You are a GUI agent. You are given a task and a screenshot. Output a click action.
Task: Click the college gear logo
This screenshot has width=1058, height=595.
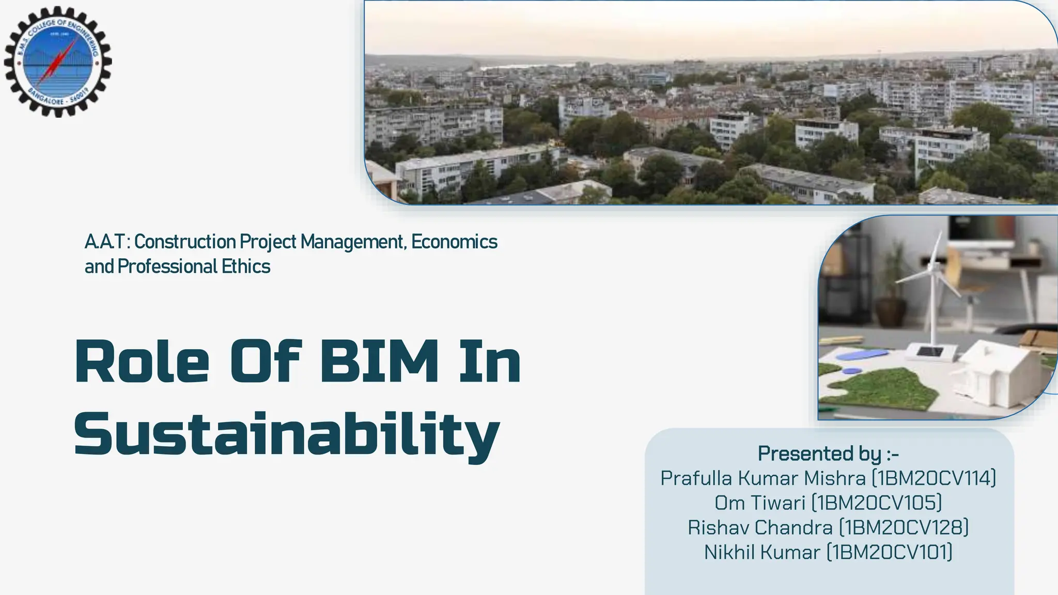pos(57,61)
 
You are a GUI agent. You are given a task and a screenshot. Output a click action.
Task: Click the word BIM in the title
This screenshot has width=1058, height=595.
pos(379,362)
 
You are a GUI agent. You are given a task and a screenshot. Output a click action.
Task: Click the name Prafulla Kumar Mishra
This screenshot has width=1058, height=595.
pos(763,478)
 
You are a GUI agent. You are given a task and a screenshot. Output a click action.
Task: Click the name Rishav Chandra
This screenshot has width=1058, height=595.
pos(760,527)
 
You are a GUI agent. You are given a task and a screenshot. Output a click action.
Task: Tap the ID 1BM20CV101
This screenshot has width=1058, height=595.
pos(890,552)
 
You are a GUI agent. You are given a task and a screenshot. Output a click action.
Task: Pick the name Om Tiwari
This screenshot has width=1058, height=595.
pos(760,503)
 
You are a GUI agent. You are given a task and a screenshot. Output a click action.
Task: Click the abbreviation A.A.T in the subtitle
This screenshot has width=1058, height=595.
pos(105,242)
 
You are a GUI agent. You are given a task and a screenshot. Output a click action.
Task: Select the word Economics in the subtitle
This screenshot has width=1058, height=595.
pos(454,242)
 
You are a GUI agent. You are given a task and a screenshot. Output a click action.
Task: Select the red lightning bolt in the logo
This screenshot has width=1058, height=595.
pos(56,63)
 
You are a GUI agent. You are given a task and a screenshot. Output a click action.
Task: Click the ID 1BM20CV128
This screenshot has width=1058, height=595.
pos(904,527)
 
